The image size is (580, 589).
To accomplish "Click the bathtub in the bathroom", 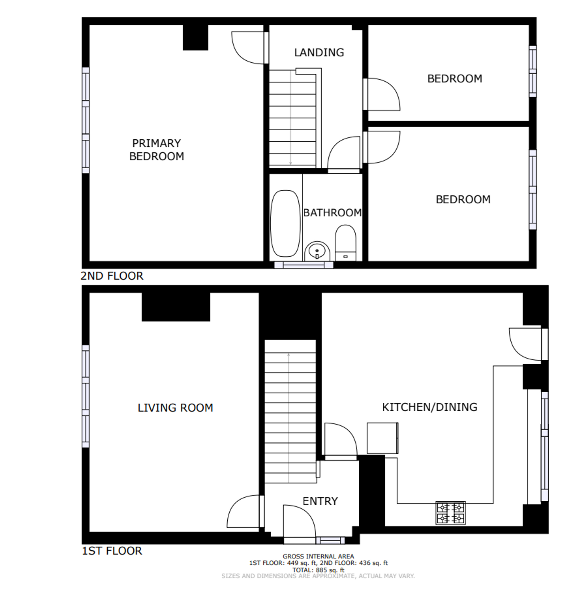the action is (x=285, y=224).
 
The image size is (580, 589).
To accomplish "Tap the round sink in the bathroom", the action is (x=317, y=252).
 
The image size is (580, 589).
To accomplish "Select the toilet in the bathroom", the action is (x=345, y=243).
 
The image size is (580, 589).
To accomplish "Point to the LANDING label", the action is (x=319, y=53).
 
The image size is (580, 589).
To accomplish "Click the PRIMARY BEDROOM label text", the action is (x=157, y=150).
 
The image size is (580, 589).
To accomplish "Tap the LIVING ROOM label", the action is (x=175, y=408).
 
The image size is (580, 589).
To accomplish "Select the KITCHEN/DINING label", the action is (x=430, y=407).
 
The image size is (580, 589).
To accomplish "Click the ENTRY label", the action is (x=320, y=501).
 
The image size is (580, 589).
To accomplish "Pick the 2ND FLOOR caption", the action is (x=112, y=276).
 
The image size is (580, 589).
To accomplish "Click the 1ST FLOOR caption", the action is (x=112, y=551).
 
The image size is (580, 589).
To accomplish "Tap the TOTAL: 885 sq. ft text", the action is (x=318, y=570).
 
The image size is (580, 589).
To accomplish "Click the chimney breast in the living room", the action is (x=176, y=307).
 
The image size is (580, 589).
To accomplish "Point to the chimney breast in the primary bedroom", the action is (x=195, y=37).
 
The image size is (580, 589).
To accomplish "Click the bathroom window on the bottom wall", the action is (x=304, y=265).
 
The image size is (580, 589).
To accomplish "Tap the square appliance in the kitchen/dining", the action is (x=383, y=438).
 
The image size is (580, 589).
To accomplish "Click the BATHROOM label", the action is (x=332, y=213).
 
